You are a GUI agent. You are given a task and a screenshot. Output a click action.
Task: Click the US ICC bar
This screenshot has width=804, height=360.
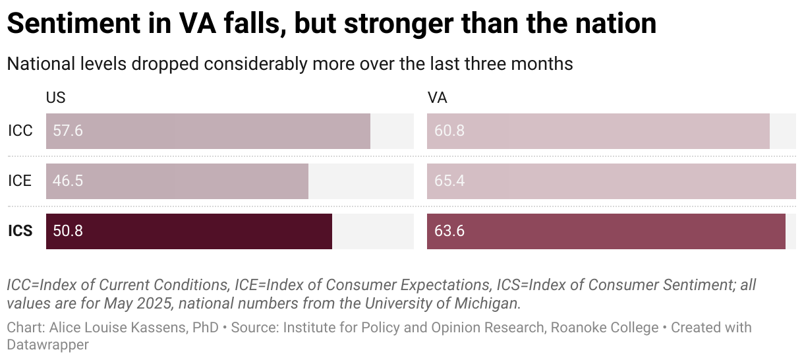point(208,131)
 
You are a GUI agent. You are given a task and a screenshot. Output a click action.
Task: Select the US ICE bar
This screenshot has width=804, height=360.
point(177,181)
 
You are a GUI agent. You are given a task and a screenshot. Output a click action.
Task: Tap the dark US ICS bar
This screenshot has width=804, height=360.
point(189,231)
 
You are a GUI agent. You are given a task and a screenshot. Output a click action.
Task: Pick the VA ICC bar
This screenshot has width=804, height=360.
point(598,131)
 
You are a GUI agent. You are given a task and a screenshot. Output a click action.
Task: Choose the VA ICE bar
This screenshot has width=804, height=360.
point(612,181)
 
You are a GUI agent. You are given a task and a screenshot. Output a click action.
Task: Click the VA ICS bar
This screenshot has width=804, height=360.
point(606,231)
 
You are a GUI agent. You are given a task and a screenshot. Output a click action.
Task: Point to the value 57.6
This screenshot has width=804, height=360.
point(68,131)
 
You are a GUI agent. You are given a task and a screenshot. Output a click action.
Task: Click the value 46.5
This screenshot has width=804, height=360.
point(68,181)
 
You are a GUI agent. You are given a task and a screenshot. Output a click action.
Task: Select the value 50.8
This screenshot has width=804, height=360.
point(68,231)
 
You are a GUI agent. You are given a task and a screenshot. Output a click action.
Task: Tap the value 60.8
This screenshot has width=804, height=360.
point(449,131)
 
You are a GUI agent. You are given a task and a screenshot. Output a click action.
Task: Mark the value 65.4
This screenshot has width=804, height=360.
point(449,181)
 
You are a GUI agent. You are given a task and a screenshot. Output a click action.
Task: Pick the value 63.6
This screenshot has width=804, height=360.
point(449,231)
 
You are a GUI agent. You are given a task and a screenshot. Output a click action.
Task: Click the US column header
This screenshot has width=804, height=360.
point(55,98)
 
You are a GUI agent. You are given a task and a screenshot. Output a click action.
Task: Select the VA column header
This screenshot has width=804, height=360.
point(437,98)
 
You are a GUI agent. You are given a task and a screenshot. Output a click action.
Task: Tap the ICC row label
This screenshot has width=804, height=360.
point(20,131)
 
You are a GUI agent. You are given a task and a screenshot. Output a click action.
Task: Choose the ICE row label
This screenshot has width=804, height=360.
point(20,181)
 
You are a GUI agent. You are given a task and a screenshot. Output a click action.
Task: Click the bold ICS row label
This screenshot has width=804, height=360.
point(20,231)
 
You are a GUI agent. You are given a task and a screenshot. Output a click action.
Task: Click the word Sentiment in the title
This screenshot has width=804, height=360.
point(74,24)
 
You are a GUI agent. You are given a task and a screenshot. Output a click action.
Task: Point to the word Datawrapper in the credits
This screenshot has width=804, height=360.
point(48,344)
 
